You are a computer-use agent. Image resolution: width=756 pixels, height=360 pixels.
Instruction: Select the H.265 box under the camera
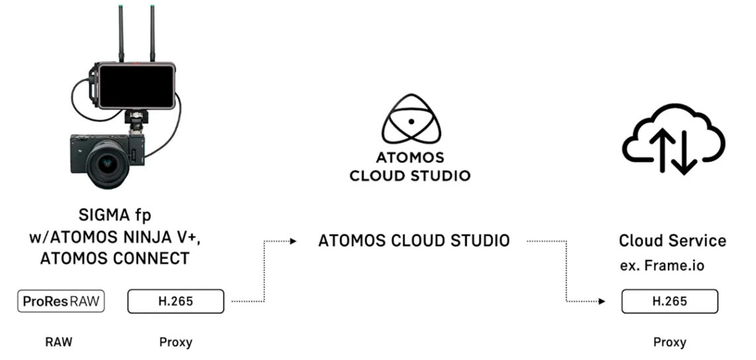coord(176,302)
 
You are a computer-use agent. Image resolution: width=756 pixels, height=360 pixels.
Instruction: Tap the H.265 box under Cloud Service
coord(669,302)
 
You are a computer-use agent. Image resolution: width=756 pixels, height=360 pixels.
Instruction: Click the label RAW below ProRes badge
coord(58,343)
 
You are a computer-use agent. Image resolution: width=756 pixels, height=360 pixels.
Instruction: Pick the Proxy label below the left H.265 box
coord(176,343)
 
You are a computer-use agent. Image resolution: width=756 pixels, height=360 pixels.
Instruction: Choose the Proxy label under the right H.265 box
coord(669,343)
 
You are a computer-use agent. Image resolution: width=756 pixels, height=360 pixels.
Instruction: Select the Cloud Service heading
coord(672,241)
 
